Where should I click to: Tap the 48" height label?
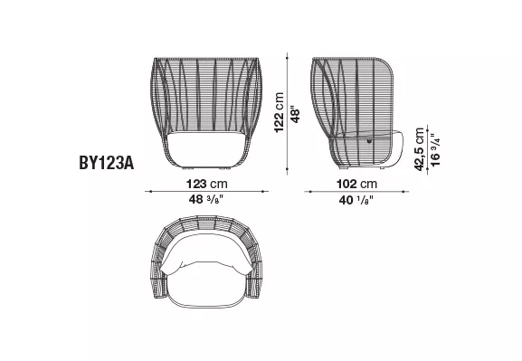[295, 115]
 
